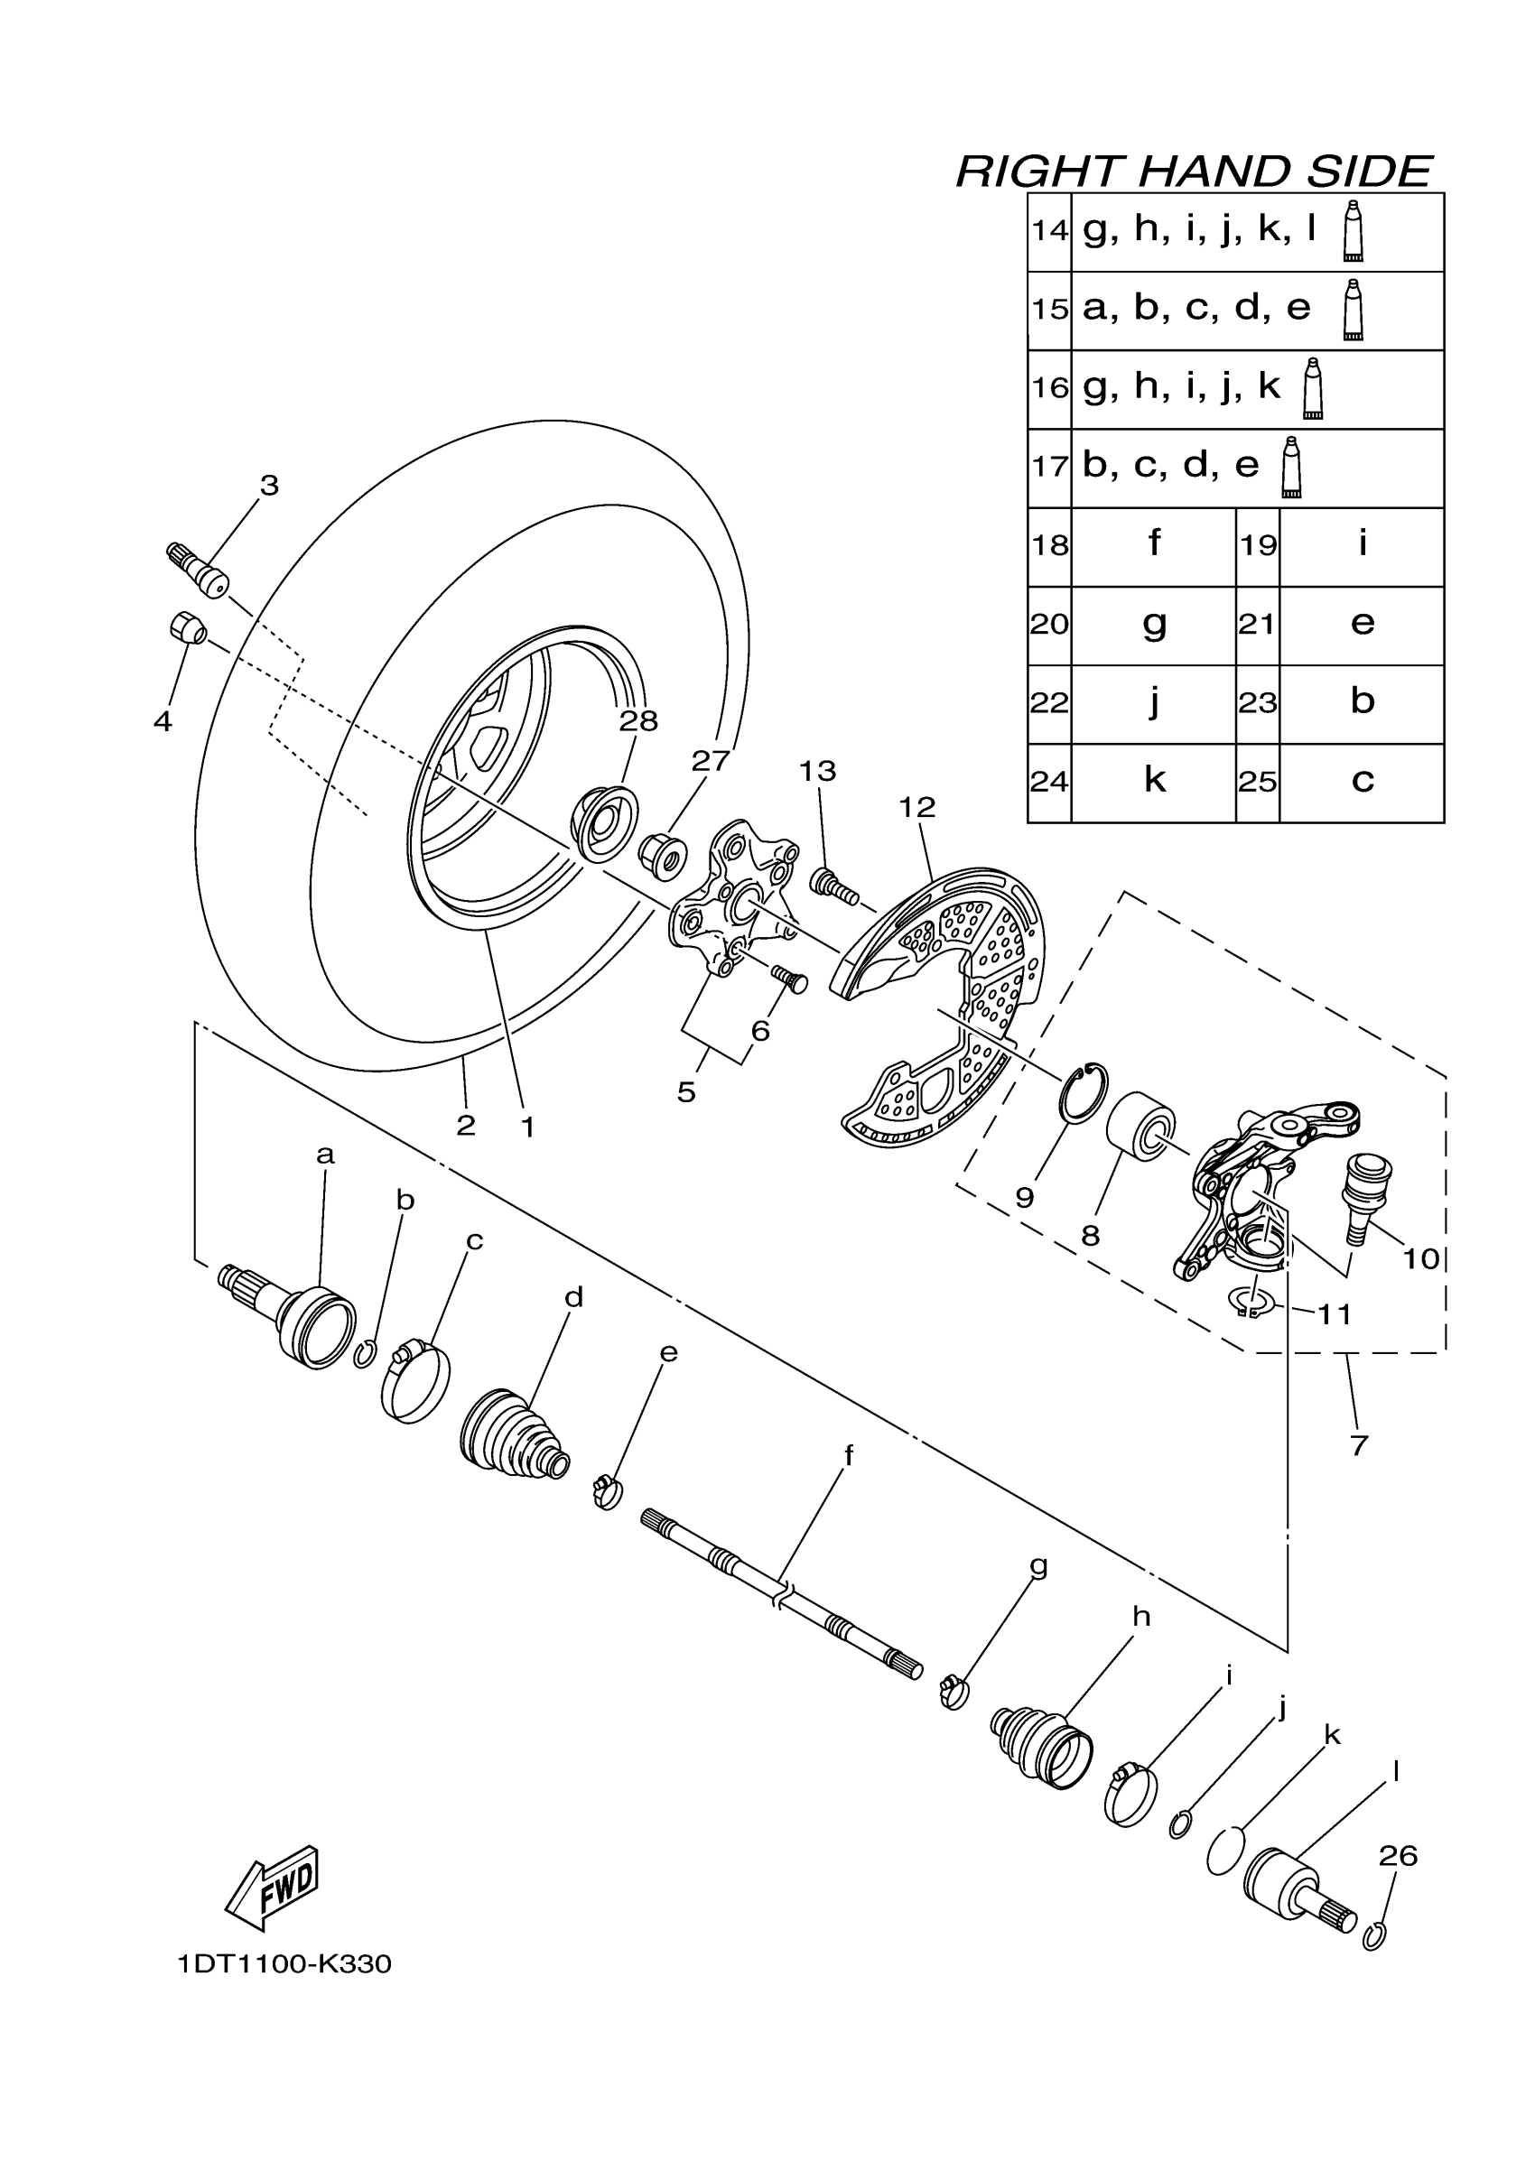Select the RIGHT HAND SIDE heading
coord(1194,172)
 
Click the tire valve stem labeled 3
coord(200,571)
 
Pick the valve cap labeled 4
coord(187,626)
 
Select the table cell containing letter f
coord(1154,545)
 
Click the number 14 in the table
coord(1049,231)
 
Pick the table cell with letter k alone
coord(1154,782)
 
